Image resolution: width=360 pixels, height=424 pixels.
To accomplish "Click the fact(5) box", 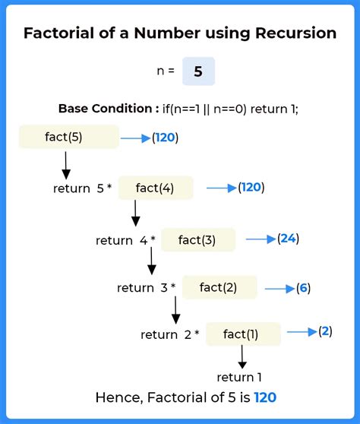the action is [69, 137].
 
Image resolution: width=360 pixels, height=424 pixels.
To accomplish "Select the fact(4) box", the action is [156, 188].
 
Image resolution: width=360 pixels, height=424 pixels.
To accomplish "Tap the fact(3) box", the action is [198, 239].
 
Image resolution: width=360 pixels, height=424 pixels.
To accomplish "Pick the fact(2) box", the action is [219, 287].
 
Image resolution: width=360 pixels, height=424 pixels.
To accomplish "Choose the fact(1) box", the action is [243, 334].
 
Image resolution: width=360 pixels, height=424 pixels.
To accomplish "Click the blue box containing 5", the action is [198, 71].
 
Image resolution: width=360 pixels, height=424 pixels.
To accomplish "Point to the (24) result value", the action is [289, 239].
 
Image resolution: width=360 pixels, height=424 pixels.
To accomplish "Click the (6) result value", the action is [303, 288].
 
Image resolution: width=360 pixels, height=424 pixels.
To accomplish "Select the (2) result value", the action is [325, 331].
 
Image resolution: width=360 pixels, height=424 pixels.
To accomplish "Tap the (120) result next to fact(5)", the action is [165, 138].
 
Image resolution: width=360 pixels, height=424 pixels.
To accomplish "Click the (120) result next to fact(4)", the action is [251, 188].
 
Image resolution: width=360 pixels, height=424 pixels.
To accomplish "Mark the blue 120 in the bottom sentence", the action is [265, 397].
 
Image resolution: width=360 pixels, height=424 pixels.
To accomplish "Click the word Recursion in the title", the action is [295, 33].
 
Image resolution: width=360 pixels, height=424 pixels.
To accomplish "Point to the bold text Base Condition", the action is [106, 109].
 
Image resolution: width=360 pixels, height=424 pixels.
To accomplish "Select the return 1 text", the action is [239, 377].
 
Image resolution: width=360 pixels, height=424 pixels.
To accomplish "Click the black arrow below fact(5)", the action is [66, 165].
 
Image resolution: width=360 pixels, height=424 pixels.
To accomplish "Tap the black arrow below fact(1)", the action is [242, 357].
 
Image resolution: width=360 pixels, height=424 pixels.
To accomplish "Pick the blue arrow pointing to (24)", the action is [261, 239].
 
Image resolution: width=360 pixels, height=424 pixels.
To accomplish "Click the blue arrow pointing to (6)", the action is [279, 289].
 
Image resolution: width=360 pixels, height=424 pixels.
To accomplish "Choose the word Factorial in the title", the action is [59, 33].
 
